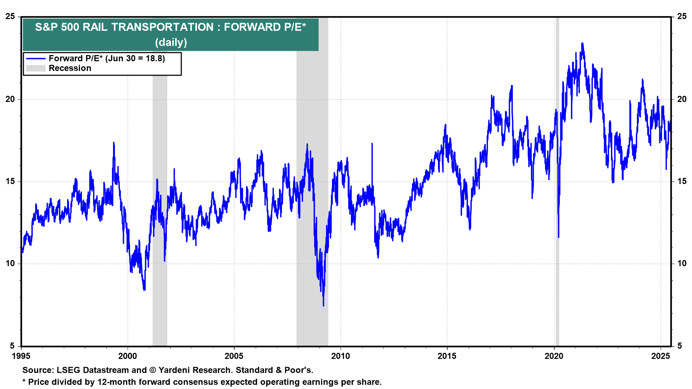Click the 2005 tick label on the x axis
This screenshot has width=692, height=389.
[234, 356]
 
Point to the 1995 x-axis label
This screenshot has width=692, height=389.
[21, 356]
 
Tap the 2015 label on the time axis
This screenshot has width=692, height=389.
[447, 356]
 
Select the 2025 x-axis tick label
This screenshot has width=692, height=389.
[660, 356]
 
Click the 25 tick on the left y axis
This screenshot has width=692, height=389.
[10, 17]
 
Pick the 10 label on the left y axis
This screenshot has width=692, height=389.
[10, 264]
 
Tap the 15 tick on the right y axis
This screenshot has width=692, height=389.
[682, 182]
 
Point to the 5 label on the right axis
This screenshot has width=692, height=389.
[679, 346]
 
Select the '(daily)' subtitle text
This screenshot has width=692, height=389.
[171, 43]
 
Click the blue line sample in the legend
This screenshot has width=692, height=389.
[36, 59]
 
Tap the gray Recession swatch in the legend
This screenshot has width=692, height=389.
[36, 68]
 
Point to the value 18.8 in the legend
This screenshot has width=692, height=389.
[155, 59]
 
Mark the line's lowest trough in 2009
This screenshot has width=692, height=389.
[323, 305]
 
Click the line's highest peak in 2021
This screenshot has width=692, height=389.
[582, 44]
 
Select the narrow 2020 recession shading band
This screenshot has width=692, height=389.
[557, 180]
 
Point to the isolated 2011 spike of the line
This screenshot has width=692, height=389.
[372, 144]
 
